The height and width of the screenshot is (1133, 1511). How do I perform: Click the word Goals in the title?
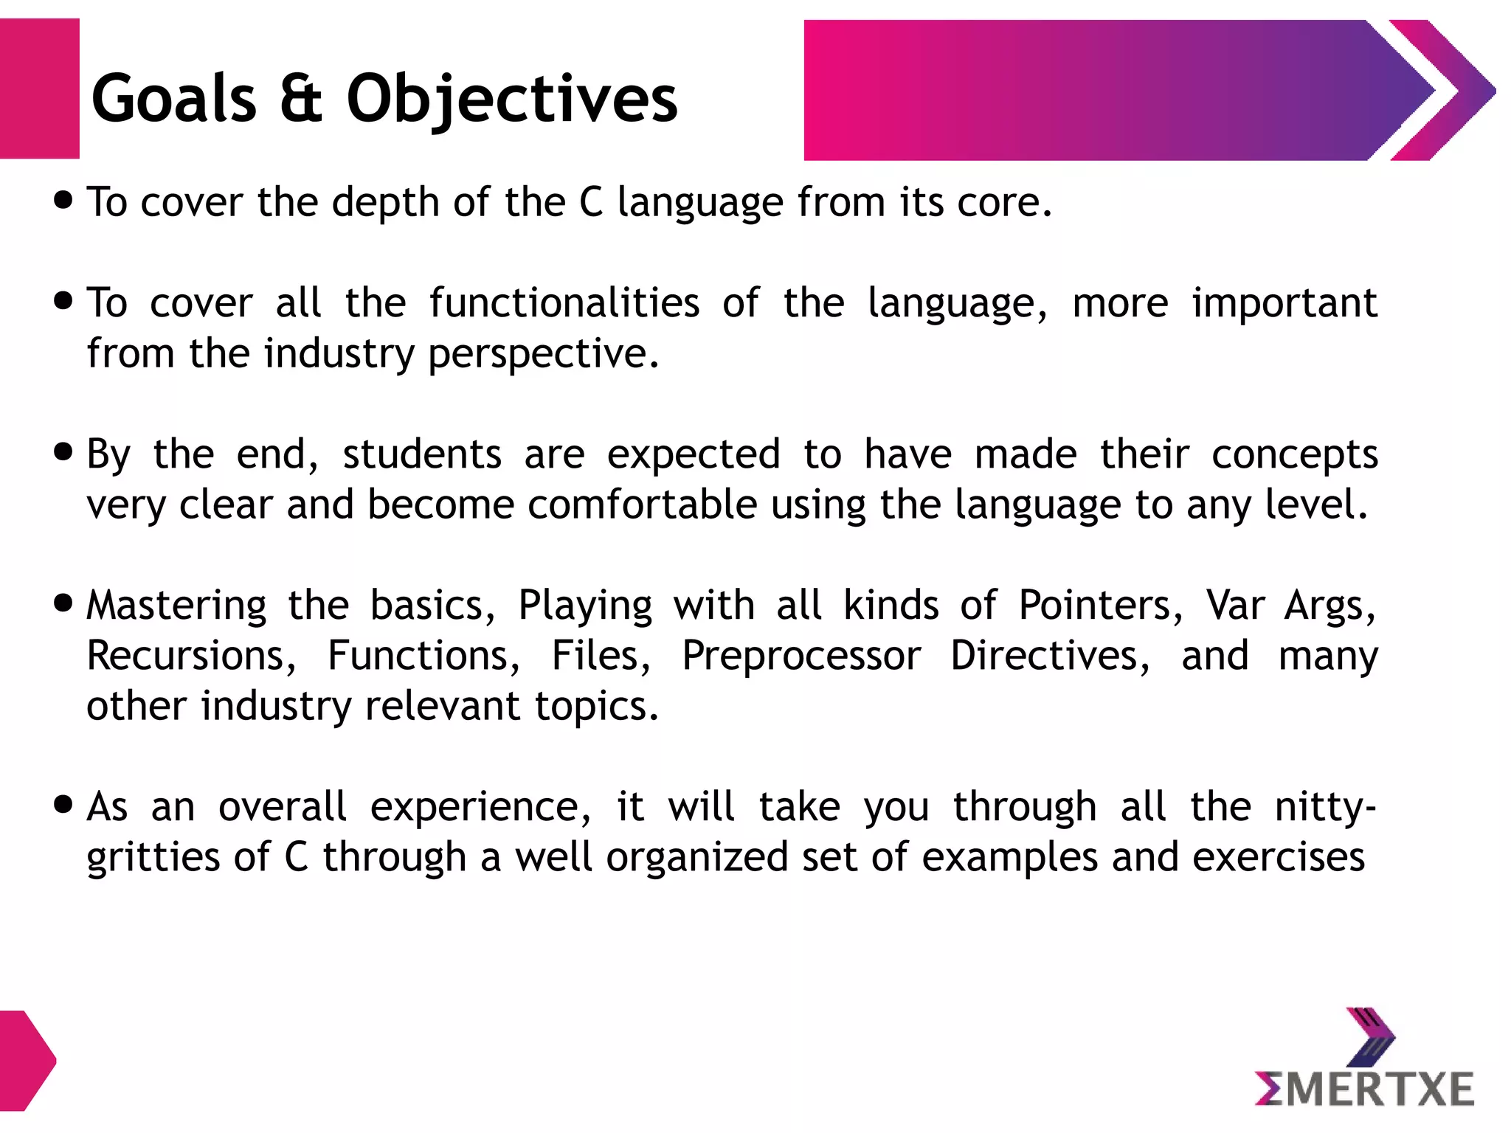pyautogui.click(x=173, y=99)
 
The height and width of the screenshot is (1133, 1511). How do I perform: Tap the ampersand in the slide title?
pyautogui.click(x=301, y=99)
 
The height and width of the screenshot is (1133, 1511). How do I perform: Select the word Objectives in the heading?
pyautogui.click(x=511, y=99)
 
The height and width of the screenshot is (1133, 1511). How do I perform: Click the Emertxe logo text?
pyautogui.click(x=1364, y=1089)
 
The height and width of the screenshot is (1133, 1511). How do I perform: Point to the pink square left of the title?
pyautogui.click(x=39, y=89)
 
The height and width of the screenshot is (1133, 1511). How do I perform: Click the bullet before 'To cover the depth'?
pyautogui.click(x=64, y=200)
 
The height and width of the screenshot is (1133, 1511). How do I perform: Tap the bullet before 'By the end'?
pyautogui.click(x=64, y=451)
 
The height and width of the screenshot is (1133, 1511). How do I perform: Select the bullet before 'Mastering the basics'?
pyautogui.click(x=64, y=603)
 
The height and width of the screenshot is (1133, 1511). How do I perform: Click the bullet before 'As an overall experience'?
pyautogui.click(x=64, y=804)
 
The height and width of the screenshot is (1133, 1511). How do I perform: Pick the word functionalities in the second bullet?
pyautogui.click(x=564, y=303)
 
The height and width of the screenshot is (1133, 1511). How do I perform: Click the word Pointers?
pyautogui.click(x=1101, y=606)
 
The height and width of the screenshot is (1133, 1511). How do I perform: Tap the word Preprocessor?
pyautogui.click(x=801, y=656)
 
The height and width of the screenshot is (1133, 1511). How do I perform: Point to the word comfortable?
pyautogui.click(x=642, y=505)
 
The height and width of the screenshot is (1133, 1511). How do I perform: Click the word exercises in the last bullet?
pyautogui.click(x=1278, y=857)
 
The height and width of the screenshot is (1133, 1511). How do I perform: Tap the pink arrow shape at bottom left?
pyautogui.click(x=27, y=1061)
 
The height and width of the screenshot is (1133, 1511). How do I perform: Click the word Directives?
pyautogui.click(x=1049, y=656)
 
